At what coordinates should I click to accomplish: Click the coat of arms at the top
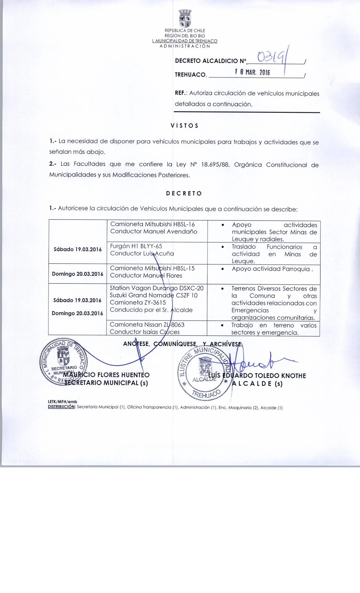pos(185,18)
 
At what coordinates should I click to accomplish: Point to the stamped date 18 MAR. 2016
pos(252,73)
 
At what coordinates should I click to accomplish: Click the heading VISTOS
pos(184,126)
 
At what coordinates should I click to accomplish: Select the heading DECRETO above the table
pos(184,194)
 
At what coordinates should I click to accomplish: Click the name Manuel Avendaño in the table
pos(170,232)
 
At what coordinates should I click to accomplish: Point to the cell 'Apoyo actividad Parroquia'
pos(272,269)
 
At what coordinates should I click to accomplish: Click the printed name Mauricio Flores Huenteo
pos(106,375)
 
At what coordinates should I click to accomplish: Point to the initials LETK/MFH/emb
pos(63,402)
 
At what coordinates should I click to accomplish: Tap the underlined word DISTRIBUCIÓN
pos(62,407)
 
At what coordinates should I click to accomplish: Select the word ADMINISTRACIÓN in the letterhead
pos(185,46)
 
